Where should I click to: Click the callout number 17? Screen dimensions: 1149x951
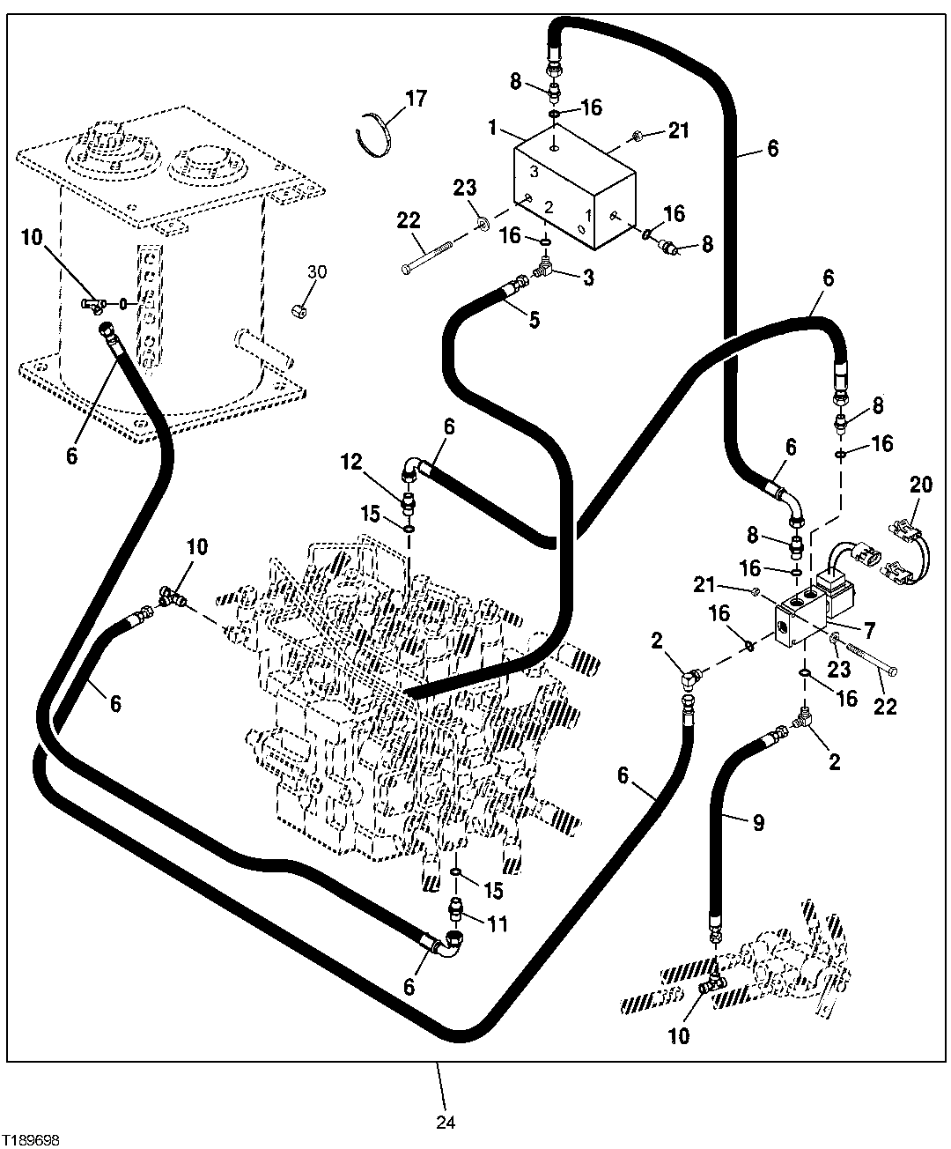[416, 99]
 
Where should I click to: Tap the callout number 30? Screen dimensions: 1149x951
[317, 272]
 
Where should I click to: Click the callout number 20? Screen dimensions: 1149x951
[920, 485]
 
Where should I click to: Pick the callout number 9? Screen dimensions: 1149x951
[758, 824]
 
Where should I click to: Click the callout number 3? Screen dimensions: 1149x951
[587, 278]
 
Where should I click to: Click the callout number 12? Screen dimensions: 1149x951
[351, 462]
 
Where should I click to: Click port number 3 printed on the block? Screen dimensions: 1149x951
[534, 171]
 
